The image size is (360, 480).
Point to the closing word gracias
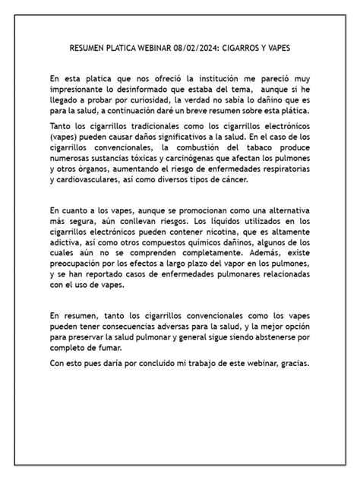pyautogui.click(x=290, y=362)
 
